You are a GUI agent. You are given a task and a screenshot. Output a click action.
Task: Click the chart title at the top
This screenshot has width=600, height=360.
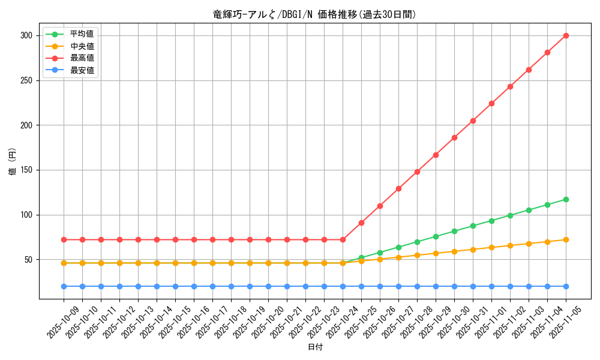click(314, 14)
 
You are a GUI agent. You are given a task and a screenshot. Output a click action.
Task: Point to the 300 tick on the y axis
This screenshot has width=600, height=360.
click(26, 35)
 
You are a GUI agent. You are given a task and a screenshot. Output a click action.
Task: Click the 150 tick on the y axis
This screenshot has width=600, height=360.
click(26, 170)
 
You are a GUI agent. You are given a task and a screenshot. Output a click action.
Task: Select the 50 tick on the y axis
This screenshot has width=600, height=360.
click(28, 260)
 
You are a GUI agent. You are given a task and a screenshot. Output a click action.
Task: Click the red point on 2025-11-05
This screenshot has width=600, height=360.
click(566, 35)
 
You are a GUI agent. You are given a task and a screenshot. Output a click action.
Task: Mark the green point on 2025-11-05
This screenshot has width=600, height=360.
click(566, 199)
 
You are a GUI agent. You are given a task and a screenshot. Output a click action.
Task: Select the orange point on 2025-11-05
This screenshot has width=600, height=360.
click(566, 239)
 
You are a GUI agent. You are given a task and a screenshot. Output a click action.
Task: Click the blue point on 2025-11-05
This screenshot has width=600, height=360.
click(566, 286)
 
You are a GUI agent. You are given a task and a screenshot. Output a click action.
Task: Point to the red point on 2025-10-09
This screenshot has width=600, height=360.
click(64, 239)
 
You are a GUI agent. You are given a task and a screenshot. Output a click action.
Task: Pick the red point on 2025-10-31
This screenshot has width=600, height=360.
click(473, 121)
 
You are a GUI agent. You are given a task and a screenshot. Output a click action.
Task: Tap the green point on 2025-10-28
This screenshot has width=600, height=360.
click(417, 242)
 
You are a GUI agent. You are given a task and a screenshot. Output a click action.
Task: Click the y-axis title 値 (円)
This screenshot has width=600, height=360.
click(12, 161)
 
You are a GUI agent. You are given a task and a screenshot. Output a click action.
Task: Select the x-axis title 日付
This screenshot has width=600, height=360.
click(314, 347)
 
